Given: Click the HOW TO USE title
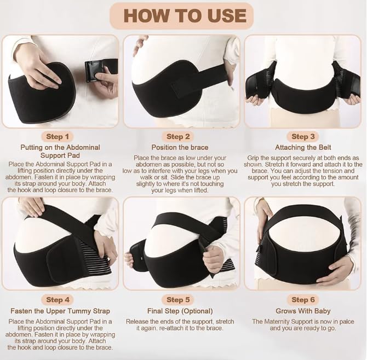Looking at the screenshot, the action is (x=185, y=16).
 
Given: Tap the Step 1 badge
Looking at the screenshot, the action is (x=58, y=137).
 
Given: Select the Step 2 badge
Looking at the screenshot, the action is (x=178, y=137).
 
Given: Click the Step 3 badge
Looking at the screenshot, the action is (x=303, y=137).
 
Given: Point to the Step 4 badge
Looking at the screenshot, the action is (x=58, y=300).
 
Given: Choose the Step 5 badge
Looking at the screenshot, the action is (x=178, y=300).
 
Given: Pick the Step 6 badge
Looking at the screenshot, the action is (x=303, y=300).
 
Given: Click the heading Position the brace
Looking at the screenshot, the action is (x=180, y=147).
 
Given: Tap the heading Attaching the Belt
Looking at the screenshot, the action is (x=303, y=147).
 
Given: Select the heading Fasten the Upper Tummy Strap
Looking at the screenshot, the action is (x=60, y=311).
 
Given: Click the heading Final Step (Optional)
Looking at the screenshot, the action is (x=180, y=311).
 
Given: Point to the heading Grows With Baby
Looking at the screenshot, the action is (x=303, y=311).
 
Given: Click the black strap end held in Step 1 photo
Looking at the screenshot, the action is (x=91, y=71).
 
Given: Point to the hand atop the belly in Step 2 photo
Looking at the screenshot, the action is (x=140, y=45).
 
